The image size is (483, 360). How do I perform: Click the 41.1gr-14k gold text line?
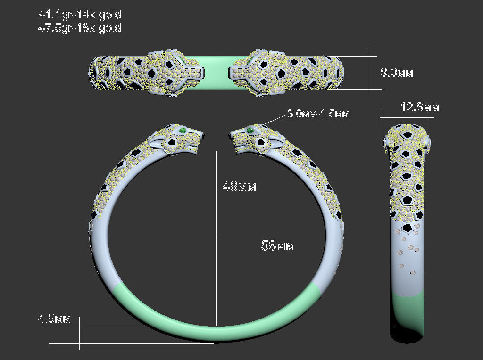pos(79,15)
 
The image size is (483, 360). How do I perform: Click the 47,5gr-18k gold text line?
pos(79,28)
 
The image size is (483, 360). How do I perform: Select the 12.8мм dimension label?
pos(420,107)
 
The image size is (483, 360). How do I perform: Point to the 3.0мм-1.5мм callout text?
pos(318,114)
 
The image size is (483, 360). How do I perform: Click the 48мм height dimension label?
pos(239,187)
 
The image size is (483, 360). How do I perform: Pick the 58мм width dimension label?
pos(278,246)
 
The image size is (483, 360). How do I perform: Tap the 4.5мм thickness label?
pos(54,319)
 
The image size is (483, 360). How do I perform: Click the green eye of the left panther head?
pos(182,130)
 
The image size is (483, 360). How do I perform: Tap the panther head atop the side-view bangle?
pos(408,137)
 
